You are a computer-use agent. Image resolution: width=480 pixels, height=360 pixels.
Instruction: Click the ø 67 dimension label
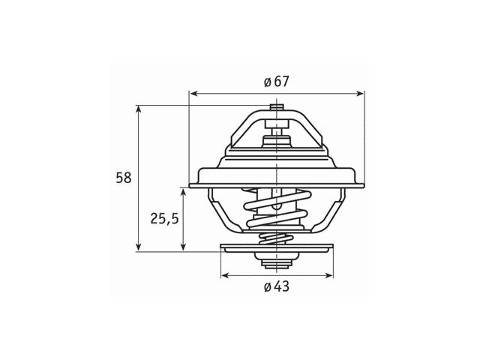click(277, 82)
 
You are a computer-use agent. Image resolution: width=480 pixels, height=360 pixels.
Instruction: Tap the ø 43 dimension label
click(277, 286)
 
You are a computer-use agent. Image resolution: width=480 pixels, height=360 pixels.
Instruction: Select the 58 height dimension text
click(124, 178)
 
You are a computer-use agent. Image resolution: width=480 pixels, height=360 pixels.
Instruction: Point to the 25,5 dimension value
click(164, 218)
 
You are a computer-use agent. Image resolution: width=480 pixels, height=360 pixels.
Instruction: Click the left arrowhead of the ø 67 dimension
click(193, 93)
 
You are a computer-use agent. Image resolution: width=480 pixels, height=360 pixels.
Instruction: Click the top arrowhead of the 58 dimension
click(139, 109)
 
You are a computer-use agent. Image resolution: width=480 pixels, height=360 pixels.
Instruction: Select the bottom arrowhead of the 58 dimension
click(139, 247)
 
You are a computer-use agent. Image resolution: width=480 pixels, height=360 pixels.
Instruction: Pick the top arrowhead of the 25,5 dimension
click(183, 193)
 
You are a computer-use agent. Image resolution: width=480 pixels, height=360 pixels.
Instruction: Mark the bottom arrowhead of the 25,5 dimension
click(183, 247)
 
